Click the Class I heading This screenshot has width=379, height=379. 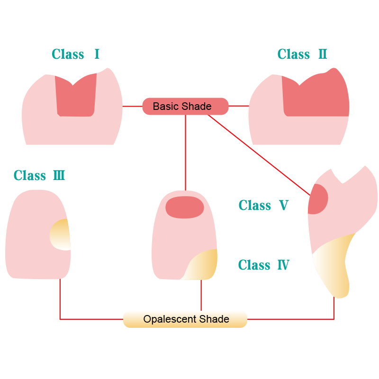[x=76, y=54]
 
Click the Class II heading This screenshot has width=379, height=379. [x=302, y=54]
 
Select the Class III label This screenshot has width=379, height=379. [x=39, y=175]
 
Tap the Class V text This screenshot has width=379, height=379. [x=263, y=205]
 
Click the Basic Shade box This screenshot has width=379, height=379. [x=185, y=106]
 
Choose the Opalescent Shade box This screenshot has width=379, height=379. [x=185, y=319]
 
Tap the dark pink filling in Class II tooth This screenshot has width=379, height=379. [x=315, y=99]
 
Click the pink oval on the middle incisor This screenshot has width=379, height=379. [x=185, y=207]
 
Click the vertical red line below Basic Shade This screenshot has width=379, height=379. [x=185, y=152]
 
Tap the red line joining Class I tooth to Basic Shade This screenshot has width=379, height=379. [x=132, y=106]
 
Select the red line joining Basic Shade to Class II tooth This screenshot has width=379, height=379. [x=239, y=106]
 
